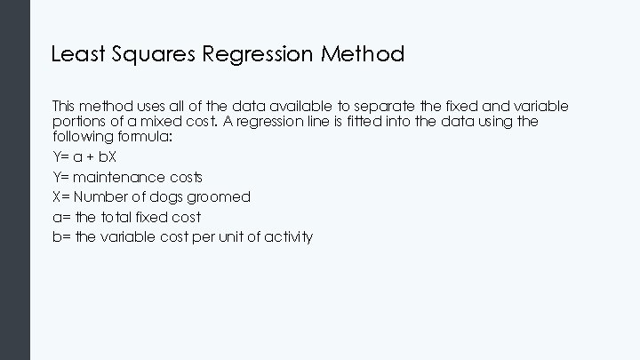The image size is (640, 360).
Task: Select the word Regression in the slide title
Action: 258,54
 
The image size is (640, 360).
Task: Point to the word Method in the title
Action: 363,54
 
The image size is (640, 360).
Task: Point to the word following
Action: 83,136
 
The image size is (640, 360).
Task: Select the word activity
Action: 285,236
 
